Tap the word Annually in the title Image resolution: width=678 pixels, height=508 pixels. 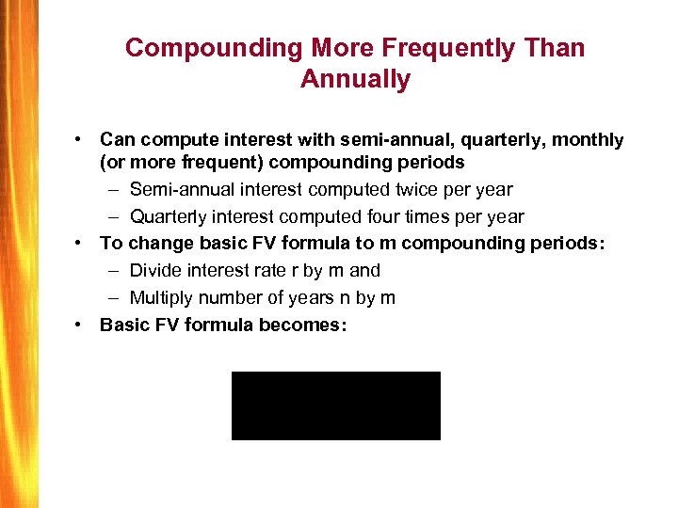355,79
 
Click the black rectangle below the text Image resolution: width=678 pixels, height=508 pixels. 335,405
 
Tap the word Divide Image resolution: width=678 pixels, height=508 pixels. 156,270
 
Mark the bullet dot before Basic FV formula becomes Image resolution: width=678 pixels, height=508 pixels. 82,325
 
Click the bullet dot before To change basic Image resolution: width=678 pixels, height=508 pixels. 82,243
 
